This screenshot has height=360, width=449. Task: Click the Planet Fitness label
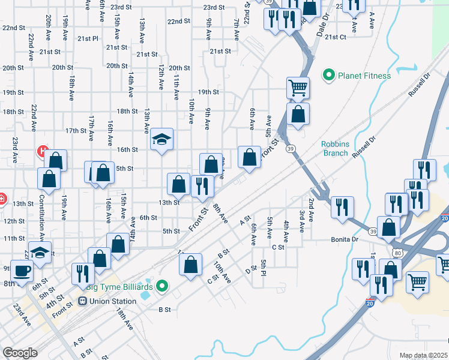(364, 76)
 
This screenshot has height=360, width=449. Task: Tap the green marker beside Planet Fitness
(328, 76)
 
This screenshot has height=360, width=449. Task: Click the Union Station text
(113, 301)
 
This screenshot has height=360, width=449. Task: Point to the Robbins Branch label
(334, 148)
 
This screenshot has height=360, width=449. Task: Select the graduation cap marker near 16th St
(161, 140)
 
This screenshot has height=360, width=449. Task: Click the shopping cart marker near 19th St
(298, 88)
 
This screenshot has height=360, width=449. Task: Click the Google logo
(20, 353)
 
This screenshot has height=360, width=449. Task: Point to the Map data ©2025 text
(423, 355)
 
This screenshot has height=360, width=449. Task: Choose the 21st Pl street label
(88, 38)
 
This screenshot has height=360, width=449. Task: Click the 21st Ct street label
(336, 37)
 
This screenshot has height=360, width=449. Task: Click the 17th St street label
(76, 130)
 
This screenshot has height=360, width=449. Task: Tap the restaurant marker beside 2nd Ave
(343, 208)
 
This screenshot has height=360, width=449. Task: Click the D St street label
(251, 271)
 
